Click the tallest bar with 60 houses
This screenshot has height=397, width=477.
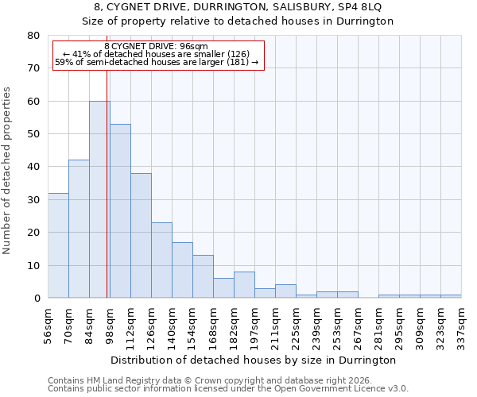[x=99, y=199]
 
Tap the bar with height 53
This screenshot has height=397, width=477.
[x=120, y=211]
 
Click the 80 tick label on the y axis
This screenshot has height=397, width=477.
[x=33, y=36]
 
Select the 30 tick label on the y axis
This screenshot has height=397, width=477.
[x=33, y=200]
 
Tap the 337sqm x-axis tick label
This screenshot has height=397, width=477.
[x=461, y=326]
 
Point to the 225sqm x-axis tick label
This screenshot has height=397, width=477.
[x=296, y=326]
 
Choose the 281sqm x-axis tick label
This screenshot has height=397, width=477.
[x=378, y=326]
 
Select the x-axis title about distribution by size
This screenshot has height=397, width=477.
[x=254, y=360]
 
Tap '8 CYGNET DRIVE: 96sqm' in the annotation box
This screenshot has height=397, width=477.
[x=156, y=47]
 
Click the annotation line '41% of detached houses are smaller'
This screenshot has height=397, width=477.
[x=156, y=55]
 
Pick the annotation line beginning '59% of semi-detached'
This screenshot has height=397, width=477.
[x=156, y=63]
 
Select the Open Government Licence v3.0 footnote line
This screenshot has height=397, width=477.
[x=227, y=389]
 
